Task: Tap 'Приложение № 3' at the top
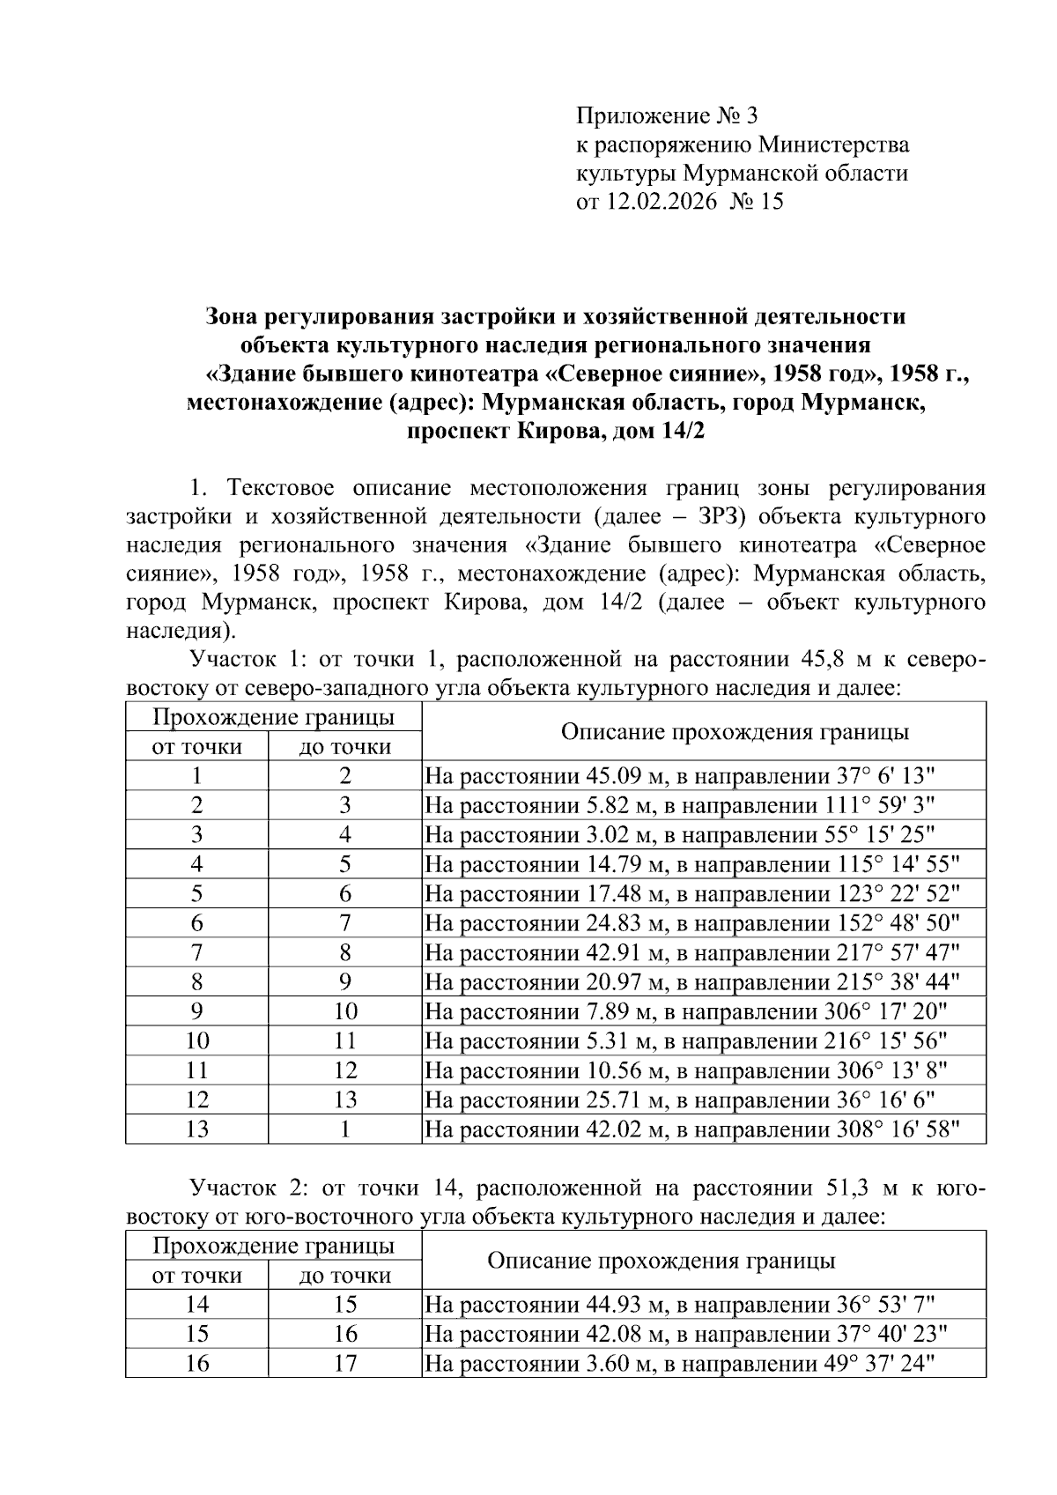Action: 666,115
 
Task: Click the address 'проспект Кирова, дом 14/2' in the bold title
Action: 556,433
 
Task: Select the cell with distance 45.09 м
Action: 679,776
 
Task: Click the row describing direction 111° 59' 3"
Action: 679,805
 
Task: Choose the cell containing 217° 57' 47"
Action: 691,952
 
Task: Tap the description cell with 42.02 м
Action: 691,1129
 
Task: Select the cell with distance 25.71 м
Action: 679,1099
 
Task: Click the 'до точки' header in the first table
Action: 344,747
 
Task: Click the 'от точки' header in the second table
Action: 196,1275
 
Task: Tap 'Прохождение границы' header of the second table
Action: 273,1246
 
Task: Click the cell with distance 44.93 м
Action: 679,1304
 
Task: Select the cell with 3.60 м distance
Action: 679,1364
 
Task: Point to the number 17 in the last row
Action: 344,1364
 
